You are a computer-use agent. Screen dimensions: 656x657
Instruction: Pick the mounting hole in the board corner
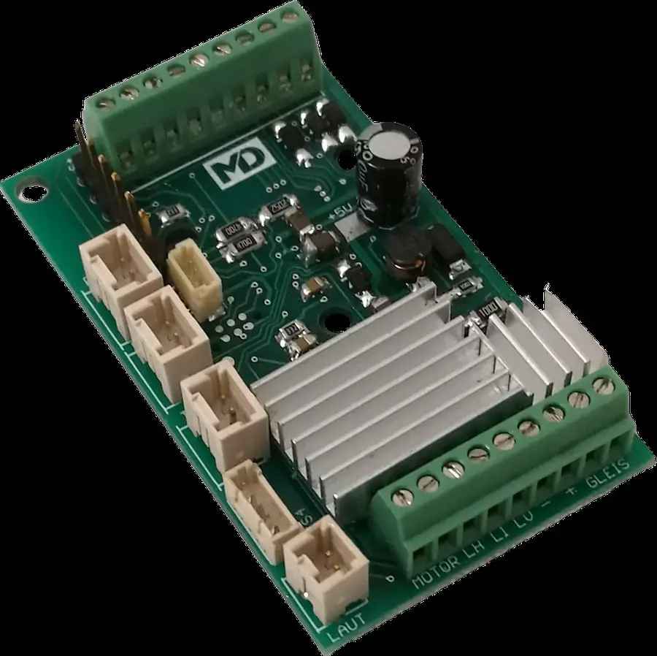coord(31,193)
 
